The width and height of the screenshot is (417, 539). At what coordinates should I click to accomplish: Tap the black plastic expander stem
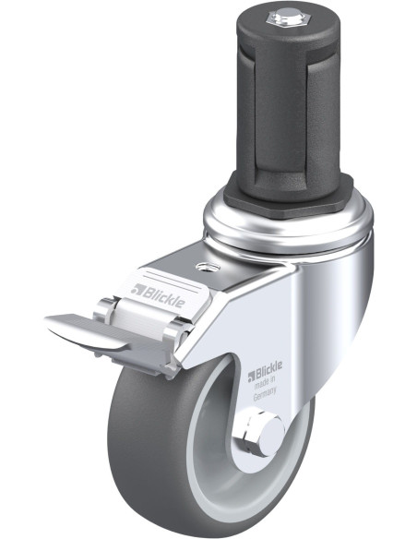(x=288, y=103)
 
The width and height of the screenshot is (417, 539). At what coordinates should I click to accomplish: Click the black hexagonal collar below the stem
(x=288, y=199)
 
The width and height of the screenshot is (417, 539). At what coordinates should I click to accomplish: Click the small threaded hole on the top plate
(x=207, y=267)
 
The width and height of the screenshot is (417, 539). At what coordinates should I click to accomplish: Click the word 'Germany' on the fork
(x=265, y=395)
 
